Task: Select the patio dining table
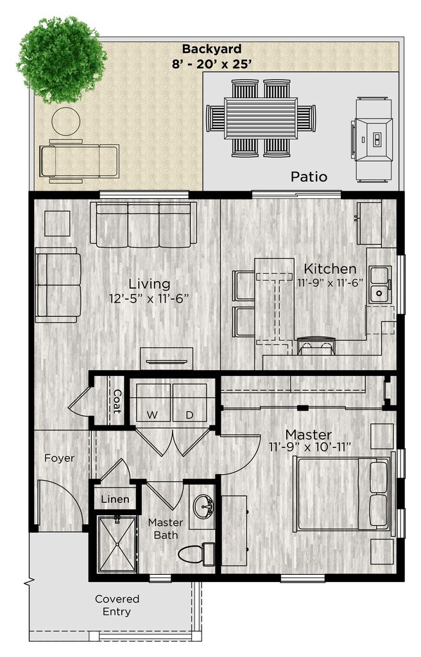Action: coord(261,118)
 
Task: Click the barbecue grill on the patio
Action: coord(373,137)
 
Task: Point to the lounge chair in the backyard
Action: coord(79,159)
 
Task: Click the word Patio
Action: coord(309,176)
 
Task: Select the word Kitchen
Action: coord(330,268)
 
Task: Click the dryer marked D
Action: coord(190,404)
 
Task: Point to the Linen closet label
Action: coord(116,499)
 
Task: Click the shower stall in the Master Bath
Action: coord(117,544)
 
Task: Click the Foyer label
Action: coord(59,458)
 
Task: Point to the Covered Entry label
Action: coord(117,605)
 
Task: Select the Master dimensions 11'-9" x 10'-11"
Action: coord(309,447)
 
